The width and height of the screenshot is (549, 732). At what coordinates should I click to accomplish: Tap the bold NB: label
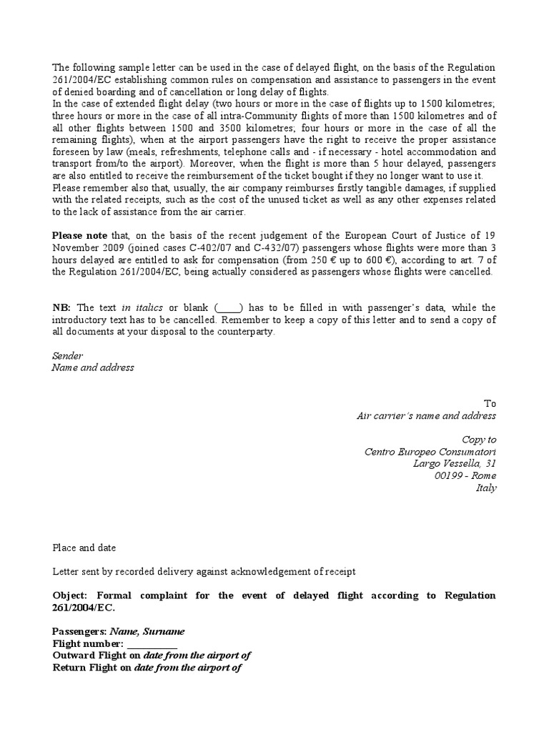(x=61, y=307)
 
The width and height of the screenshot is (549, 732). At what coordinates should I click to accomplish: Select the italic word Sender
(x=68, y=355)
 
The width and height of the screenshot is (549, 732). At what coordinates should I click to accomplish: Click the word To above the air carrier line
(x=490, y=404)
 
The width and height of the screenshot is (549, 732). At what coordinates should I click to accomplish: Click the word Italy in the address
(x=485, y=488)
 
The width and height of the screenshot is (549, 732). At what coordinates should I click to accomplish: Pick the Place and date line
(x=84, y=548)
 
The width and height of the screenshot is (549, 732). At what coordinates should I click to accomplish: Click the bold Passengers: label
(x=79, y=631)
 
